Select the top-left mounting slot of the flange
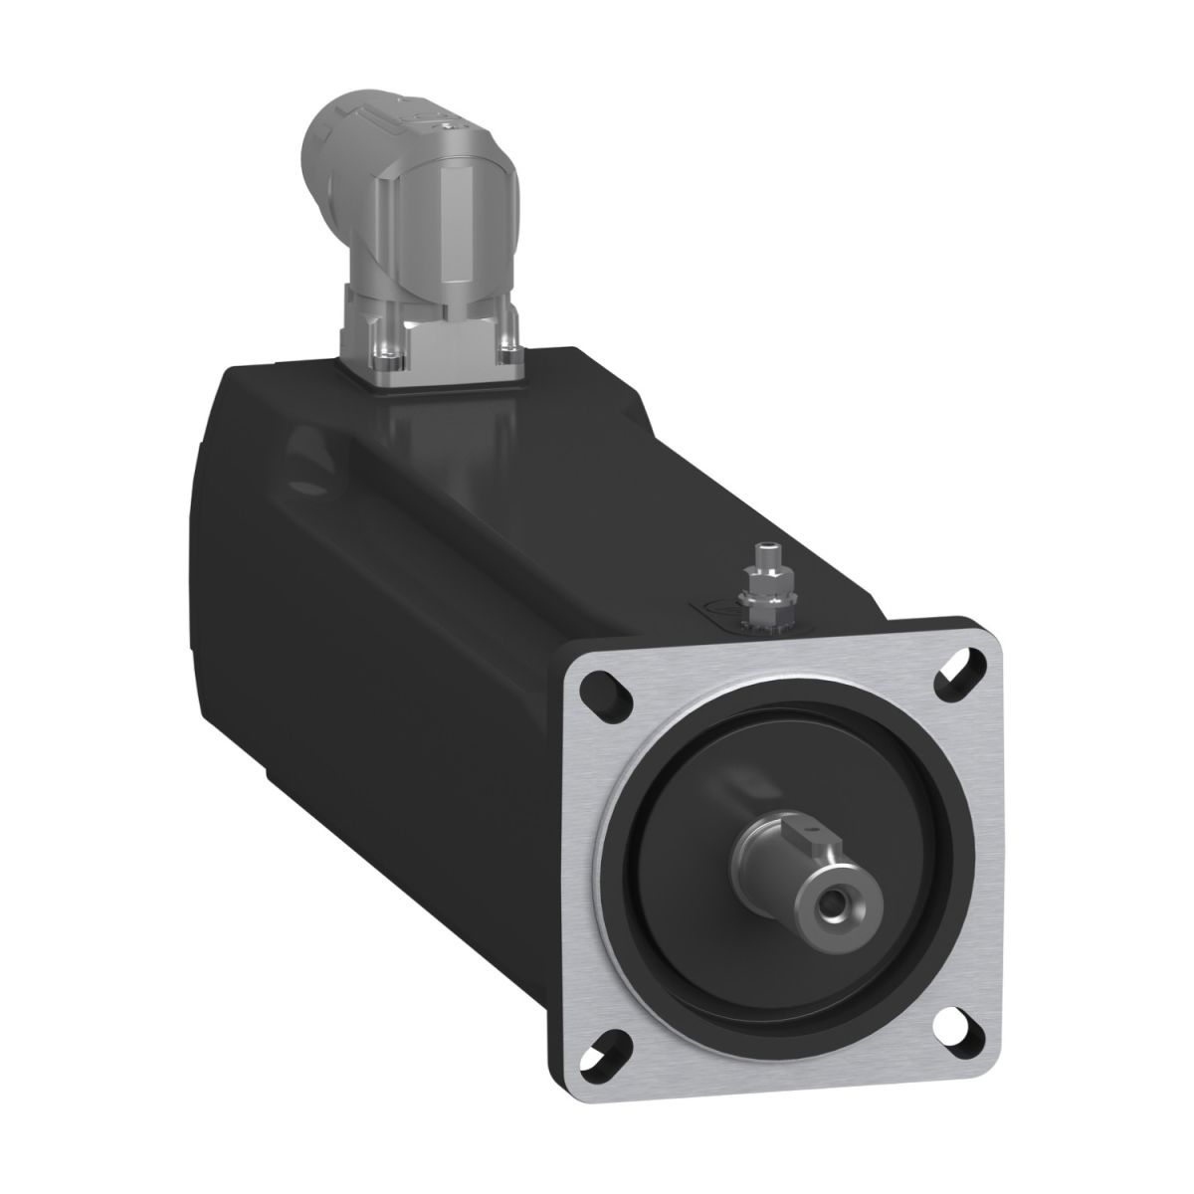pos(604,687)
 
